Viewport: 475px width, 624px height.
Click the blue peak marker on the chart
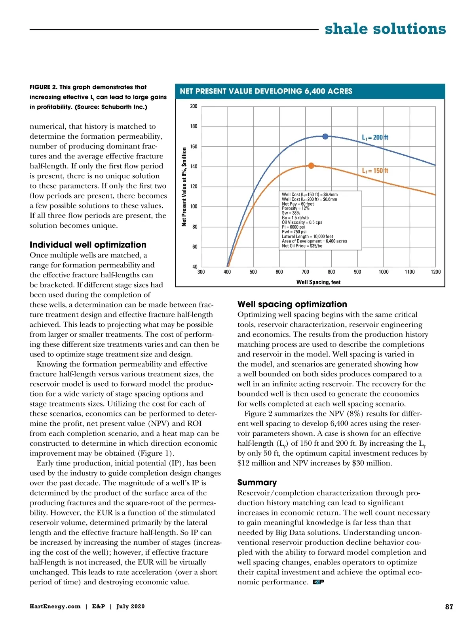coord(325,136)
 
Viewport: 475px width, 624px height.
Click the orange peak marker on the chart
coord(311,166)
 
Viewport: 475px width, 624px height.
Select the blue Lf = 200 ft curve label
coord(375,137)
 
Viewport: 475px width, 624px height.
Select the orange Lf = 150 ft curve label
coord(375,171)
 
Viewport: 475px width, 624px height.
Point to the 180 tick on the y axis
coord(194,126)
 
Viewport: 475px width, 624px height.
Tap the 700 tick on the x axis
coord(305,272)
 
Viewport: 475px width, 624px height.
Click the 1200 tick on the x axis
coord(435,272)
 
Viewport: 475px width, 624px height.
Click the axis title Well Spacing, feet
coord(318,282)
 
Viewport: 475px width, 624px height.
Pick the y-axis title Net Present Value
coord(184,187)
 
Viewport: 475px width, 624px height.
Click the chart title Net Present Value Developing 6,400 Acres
coord(266,91)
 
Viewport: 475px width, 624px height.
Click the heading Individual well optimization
coord(88,245)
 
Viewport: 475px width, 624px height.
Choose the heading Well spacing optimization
coord(292,304)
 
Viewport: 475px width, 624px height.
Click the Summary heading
coord(257,483)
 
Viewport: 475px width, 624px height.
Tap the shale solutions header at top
coord(385,29)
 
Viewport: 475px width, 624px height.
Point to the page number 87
coord(449,607)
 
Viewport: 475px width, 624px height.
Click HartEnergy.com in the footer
coord(55,607)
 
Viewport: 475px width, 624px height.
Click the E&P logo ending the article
coord(318,582)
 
